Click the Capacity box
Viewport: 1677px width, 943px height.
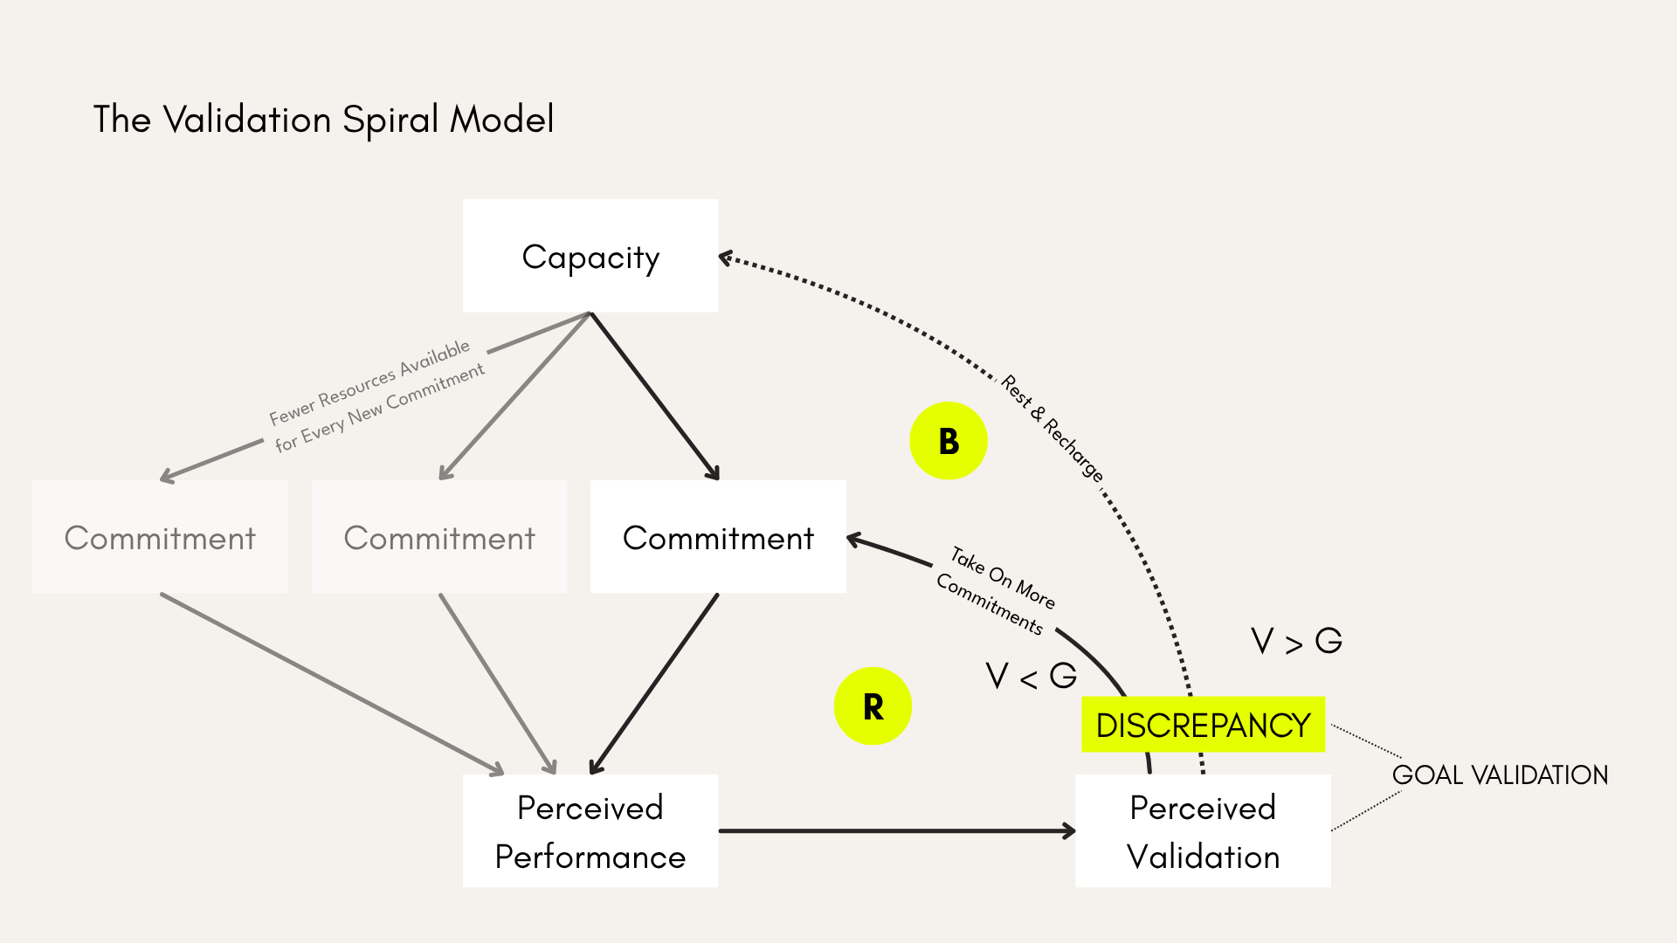(x=590, y=256)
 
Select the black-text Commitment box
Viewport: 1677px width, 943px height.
(x=718, y=537)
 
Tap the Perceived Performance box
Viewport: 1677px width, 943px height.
(x=590, y=830)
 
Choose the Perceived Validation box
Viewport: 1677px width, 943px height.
(x=1203, y=830)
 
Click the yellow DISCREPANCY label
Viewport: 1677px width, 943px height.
(x=1203, y=725)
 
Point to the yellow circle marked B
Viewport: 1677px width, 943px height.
(x=949, y=441)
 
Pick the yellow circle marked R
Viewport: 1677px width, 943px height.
(x=873, y=706)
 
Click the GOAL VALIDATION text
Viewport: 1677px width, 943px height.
(x=1500, y=774)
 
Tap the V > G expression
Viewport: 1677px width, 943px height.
(x=1296, y=641)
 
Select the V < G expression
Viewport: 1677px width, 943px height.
(x=1031, y=676)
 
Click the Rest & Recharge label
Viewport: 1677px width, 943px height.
(x=1052, y=428)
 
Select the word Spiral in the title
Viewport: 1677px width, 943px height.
(x=390, y=120)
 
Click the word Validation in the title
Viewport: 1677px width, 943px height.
(x=247, y=119)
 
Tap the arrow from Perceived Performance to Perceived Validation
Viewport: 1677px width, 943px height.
(x=897, y=831)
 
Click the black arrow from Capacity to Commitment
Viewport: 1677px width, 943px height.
(x=655, y=396)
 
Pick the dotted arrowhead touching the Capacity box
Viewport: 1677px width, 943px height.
(x=725, y=258)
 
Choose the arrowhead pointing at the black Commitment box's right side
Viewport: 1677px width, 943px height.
(x=855, y=540)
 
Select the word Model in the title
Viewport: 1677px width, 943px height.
(x=502, y=119)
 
